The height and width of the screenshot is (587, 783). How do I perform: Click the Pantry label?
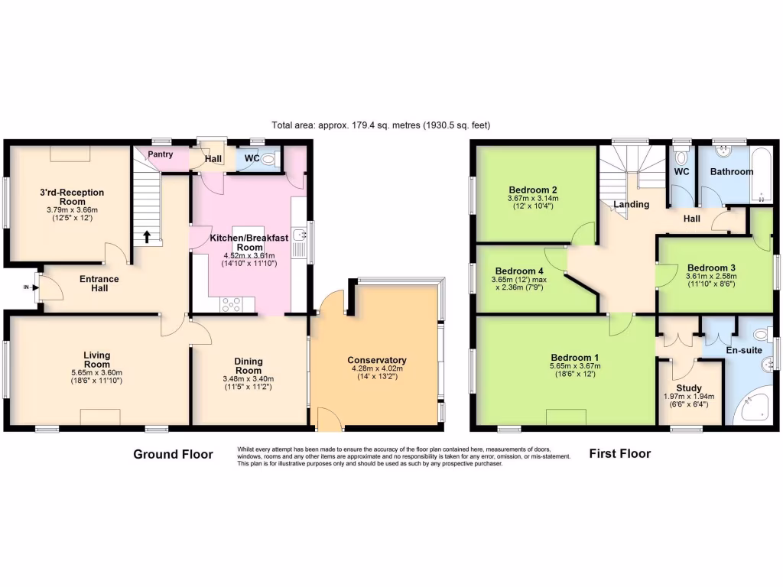160,154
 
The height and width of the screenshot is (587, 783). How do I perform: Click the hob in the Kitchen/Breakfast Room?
232,304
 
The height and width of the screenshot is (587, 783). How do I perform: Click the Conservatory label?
376,360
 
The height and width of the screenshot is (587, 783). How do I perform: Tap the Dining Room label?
249,365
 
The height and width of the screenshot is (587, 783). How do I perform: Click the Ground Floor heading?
173,454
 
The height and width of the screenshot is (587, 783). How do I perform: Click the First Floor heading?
619,454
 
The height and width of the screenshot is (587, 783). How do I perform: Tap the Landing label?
632,204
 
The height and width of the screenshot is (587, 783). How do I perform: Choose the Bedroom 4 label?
519,271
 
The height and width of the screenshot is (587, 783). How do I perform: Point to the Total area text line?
380,125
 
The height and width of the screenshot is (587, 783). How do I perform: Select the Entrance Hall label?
99,284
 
